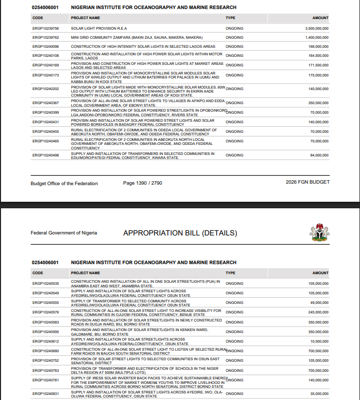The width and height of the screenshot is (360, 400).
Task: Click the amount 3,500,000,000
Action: tap(317, 29)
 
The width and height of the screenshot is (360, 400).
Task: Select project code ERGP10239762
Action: tap(46, 38)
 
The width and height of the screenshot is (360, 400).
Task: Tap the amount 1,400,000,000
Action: tap(317, 38)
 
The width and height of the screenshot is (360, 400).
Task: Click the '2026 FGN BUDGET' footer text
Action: tap(307, 183)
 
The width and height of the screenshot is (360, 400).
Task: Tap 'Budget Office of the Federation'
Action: tap(64, 183)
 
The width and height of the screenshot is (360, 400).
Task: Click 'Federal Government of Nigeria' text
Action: tap(64, 233)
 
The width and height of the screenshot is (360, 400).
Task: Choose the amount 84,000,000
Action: tap(319, 155)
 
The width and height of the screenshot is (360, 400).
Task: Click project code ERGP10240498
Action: tap(46, 155)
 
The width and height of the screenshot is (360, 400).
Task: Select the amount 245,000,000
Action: tap(318, 312)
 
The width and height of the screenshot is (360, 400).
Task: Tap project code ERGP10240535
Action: tap(46, 284)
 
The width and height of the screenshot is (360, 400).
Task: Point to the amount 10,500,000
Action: tap(319, 341)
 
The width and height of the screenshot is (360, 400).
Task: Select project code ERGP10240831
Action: tap(46, 394)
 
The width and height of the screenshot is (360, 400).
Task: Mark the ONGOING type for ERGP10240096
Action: tap(234, 46)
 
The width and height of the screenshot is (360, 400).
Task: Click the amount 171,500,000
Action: tap(318, 65)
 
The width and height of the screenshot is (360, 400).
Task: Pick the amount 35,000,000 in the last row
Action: tap(319, 394)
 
